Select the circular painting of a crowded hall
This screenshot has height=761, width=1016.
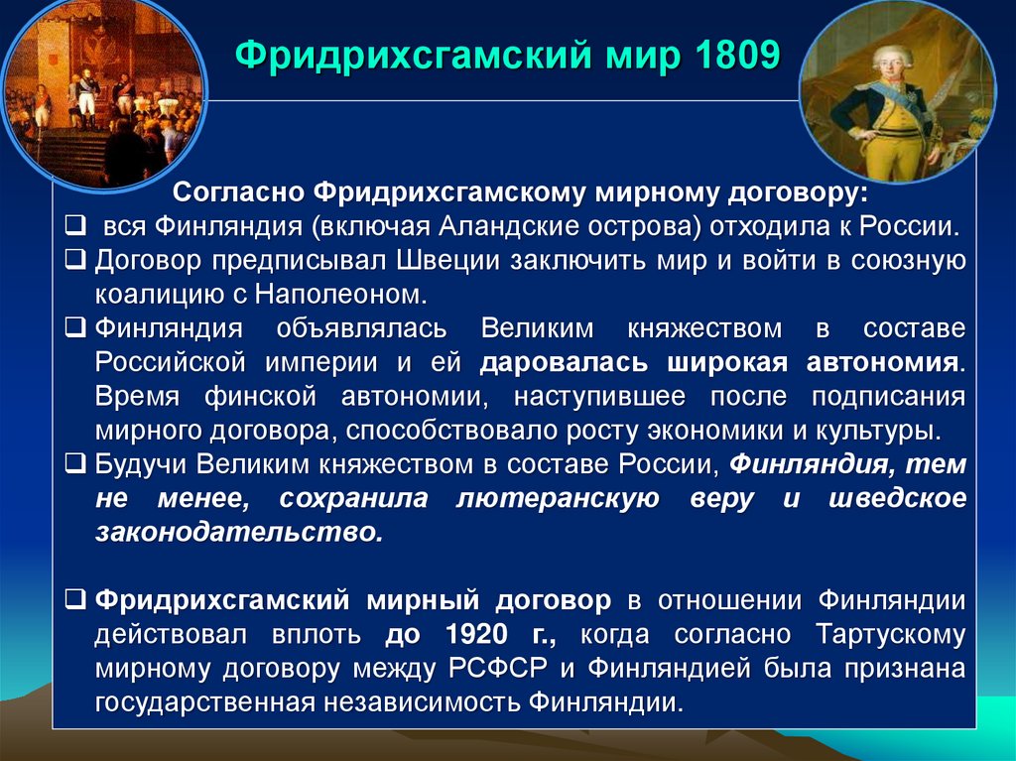[x=103, y=96]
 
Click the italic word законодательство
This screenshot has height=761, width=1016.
[x=238, y=533]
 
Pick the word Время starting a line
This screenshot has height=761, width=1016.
[x=138, y=396]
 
